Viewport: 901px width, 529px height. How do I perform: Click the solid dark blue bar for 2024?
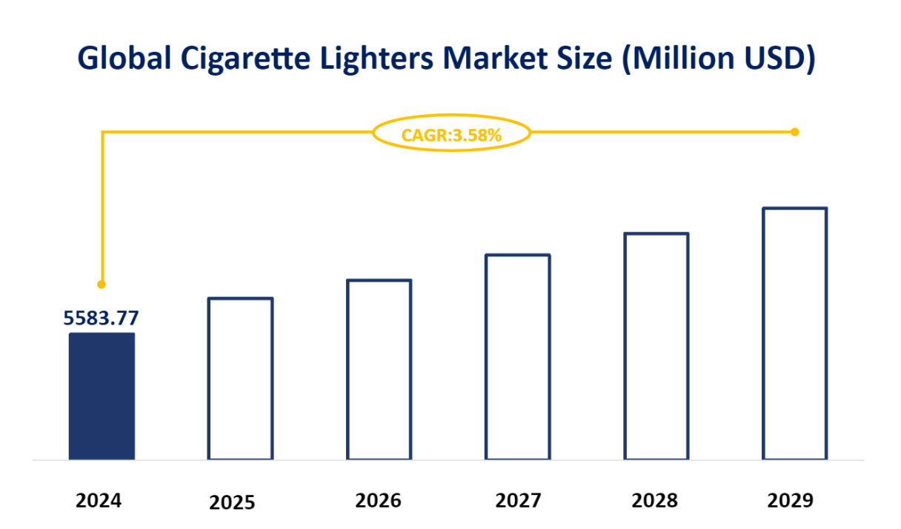point(102,396)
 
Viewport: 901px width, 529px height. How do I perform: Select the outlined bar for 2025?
point(240,379)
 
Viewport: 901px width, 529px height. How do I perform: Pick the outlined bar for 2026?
point(379,370)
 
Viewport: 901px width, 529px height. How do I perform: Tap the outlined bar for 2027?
point(518,357)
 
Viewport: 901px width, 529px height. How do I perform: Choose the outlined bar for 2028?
point(656,346)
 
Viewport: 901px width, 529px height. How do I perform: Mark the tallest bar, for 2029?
point(794,333)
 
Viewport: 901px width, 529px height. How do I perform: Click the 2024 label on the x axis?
point(99,501)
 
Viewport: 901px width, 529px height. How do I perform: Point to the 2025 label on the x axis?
point(232,503)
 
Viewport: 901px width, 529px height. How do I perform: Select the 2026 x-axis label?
point(378,501)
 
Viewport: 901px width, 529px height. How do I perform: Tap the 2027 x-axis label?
point(518,501)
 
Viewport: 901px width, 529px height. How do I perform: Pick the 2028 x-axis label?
point(654,501)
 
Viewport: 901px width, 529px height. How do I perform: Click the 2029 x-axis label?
point(790,501)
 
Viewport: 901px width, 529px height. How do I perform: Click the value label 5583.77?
point(101,318)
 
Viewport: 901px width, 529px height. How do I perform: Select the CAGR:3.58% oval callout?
point(451,134)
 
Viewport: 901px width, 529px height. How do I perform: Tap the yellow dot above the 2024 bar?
point(102,285)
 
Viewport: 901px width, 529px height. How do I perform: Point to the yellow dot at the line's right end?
point(794,132)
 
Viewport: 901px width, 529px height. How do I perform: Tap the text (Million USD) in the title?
point(718,59)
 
